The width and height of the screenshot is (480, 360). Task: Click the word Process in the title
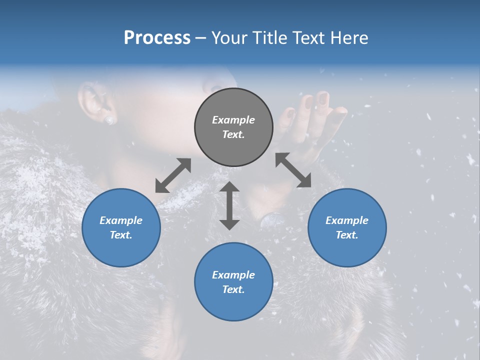pos(157,38)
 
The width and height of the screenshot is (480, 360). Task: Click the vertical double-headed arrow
pos(229,205)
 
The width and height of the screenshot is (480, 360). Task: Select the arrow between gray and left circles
pos(173,175)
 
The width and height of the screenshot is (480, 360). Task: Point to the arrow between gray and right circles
pos(293,170)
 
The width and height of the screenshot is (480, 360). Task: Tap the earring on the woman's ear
pos(109,119)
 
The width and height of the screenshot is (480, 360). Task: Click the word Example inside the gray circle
pos(233,120)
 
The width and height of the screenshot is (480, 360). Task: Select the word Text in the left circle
pos(121,235)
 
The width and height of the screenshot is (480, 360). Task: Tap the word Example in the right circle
pos(347,220)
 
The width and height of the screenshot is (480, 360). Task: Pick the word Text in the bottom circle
pos(233,289)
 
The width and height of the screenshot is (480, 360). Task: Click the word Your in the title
pos(228,38)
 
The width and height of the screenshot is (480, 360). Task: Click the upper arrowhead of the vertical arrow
pos(229,187)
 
